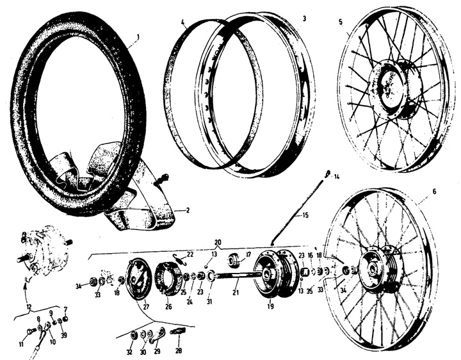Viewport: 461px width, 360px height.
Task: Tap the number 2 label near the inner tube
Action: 187,209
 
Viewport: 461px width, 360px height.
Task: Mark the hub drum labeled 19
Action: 274,275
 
